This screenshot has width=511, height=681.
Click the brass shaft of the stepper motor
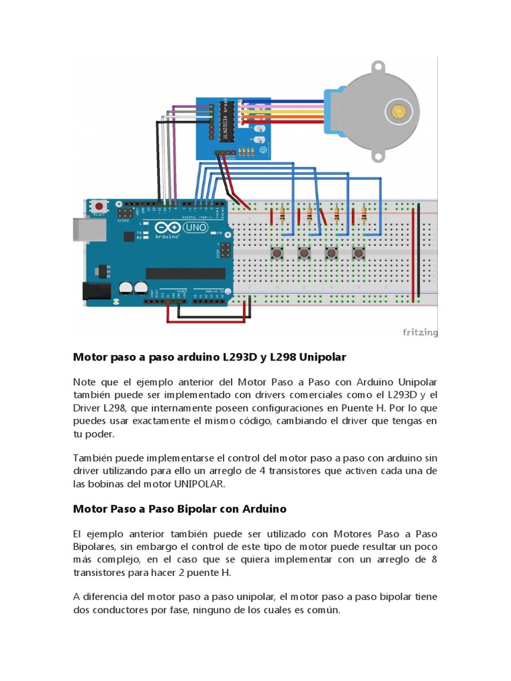[x=399, y=110]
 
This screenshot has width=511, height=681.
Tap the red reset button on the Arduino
[x=100, y=205]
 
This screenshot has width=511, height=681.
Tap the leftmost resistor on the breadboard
[x=284, y=214]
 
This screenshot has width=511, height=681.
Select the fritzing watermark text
[x=420, y=333]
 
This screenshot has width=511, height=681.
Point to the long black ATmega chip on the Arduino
[x=176, y=273]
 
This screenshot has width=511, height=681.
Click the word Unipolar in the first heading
[x=323, y=357]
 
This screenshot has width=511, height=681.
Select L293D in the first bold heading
[x=233, y=357]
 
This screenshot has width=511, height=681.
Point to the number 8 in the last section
[x=434, y=559]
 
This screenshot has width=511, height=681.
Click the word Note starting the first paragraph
[x=85, y=382]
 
